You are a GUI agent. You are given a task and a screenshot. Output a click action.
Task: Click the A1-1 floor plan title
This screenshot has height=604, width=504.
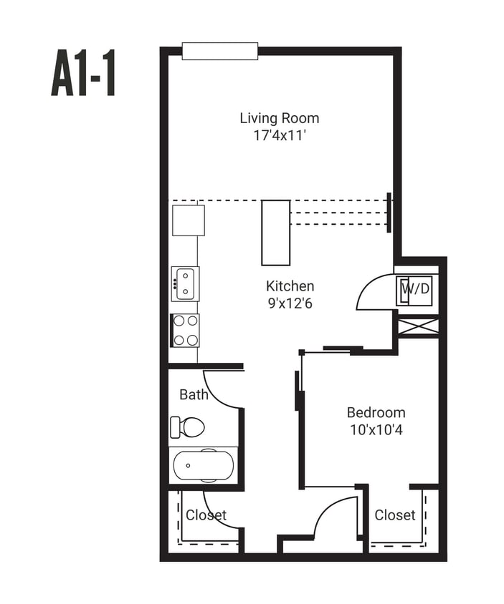click(83, 74)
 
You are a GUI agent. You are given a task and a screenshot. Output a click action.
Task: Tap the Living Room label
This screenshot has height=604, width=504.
click(279, 118)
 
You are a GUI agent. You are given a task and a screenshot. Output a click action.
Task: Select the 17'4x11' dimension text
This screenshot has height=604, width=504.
click(279, 135)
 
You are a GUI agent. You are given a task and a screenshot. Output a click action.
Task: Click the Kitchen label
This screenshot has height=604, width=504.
click(290, 286)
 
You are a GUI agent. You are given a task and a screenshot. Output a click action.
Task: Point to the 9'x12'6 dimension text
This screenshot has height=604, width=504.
click(290, 303)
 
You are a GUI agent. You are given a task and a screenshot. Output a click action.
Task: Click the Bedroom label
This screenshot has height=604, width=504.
click(376, 413)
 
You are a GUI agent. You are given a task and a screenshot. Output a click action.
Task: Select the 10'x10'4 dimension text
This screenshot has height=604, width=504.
click(376, 430)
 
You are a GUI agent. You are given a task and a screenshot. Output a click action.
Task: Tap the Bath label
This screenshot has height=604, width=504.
click(194, 394)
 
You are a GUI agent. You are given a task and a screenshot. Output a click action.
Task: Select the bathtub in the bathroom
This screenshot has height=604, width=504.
click(203, 465)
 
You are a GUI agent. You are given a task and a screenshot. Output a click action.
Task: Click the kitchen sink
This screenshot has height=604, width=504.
click(185, 283)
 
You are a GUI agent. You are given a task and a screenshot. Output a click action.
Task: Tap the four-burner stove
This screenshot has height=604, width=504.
click(185, 330)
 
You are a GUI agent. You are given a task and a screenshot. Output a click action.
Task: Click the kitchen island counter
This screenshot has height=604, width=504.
click(275, 233)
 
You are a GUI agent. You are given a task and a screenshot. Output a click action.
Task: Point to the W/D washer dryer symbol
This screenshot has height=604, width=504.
click(415, 290)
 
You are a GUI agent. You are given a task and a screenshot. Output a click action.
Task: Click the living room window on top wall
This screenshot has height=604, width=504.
click(219, 51)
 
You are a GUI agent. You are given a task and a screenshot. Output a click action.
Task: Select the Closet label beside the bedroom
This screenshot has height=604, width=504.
click(394, 515)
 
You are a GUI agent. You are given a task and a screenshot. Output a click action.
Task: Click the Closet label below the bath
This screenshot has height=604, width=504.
click(206, 515)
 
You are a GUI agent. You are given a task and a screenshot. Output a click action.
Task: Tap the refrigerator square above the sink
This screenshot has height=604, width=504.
click(188, 220)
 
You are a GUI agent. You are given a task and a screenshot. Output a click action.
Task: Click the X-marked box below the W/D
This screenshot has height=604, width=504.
click(417, 326)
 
